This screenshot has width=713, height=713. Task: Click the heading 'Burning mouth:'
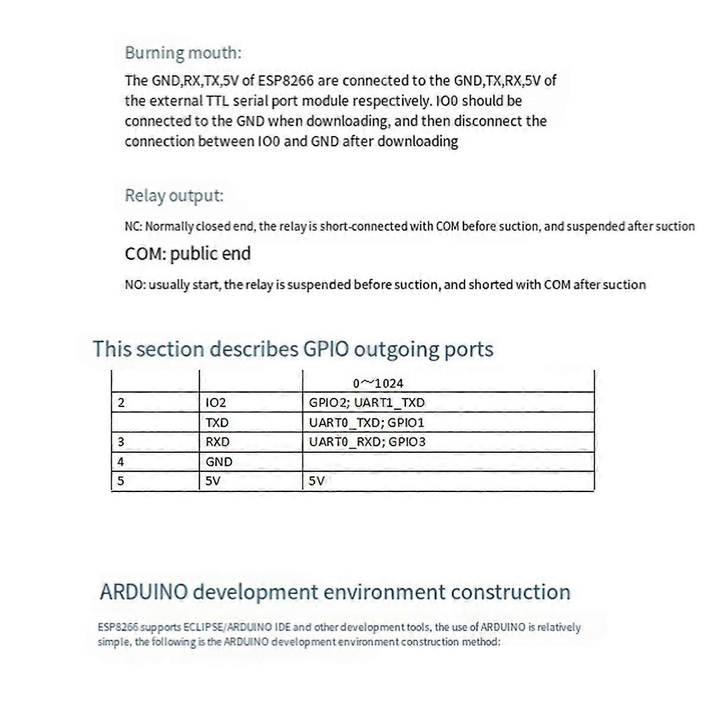183,53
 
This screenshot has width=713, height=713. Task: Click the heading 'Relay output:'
174,195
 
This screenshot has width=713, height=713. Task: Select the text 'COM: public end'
188,254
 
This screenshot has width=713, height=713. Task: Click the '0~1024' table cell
378,384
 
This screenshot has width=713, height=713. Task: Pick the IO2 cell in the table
216,403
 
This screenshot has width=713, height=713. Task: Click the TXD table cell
217,423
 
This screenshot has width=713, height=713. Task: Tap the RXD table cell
217,442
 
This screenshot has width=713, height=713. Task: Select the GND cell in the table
219,462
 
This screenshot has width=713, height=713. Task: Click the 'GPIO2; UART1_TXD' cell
367,403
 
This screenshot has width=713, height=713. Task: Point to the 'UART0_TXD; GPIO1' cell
367,423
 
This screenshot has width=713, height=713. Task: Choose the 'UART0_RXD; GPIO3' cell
367,442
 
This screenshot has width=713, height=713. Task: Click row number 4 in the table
121,462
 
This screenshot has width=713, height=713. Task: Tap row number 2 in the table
121,403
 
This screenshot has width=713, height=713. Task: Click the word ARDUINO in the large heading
144,592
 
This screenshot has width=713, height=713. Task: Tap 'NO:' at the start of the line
134,285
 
